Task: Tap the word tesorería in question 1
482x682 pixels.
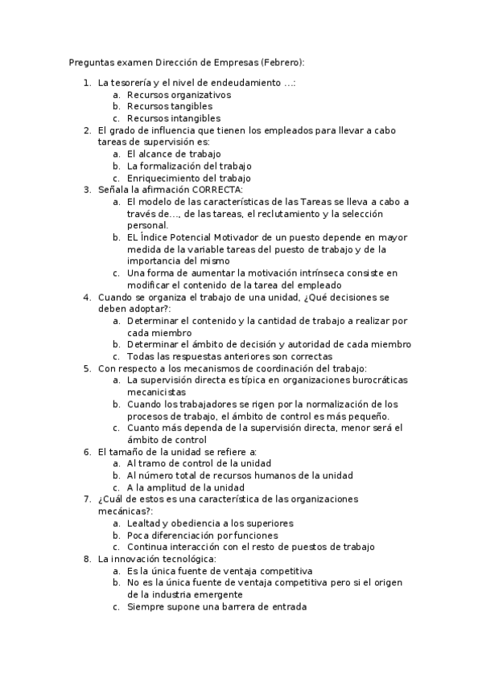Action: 130,82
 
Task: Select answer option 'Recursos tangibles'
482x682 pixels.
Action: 170,106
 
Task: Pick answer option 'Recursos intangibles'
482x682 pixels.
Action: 174,118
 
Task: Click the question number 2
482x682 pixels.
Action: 87,130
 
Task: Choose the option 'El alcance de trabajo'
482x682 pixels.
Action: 174,154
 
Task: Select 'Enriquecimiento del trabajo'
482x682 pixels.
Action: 189,178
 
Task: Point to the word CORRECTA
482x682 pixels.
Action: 212,190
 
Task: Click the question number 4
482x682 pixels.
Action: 87,297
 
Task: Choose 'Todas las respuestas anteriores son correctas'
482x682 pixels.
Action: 229,356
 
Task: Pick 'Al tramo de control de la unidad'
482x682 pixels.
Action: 200,463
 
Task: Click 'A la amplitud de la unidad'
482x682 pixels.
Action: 186,487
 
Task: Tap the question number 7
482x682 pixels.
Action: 87,499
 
